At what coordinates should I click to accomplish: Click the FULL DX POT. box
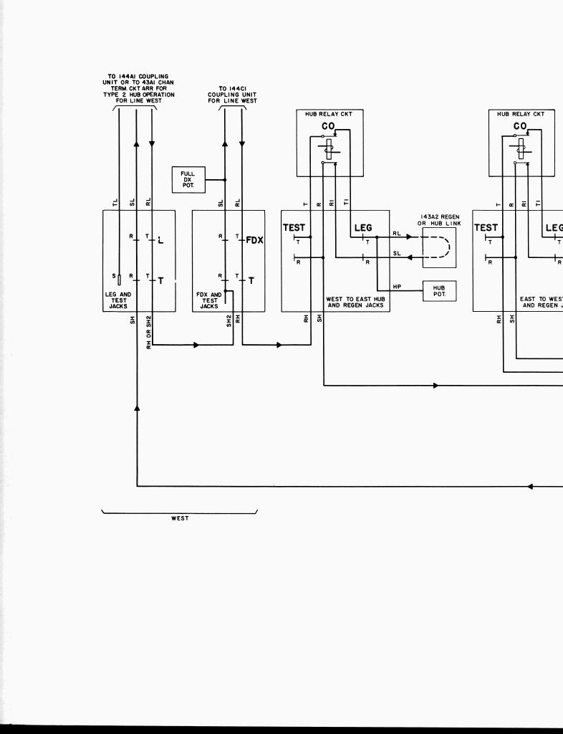pos(188,179)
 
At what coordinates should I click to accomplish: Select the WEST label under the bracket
pos(179,518)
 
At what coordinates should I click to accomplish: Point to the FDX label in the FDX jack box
pos(254,240)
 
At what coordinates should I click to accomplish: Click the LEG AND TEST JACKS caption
pos(118,300)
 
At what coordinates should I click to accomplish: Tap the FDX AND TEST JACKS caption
pos(209,300)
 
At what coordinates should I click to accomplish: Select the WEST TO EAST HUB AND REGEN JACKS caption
pos(355,302)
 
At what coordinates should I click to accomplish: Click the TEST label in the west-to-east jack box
pos(294,228)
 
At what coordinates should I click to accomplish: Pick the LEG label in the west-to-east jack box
pos(363,228)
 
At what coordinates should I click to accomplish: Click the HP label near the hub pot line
pos(397,287)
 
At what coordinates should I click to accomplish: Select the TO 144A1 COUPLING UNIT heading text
pos(138,89)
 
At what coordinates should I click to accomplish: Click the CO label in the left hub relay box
pos(327,127)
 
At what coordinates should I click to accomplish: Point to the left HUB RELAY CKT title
pos(329,114)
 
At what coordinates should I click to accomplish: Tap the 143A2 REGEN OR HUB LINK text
pos(440,220)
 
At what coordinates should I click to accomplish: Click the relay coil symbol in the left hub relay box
pos(329,150)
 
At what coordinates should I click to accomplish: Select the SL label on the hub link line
pos(397,253)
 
